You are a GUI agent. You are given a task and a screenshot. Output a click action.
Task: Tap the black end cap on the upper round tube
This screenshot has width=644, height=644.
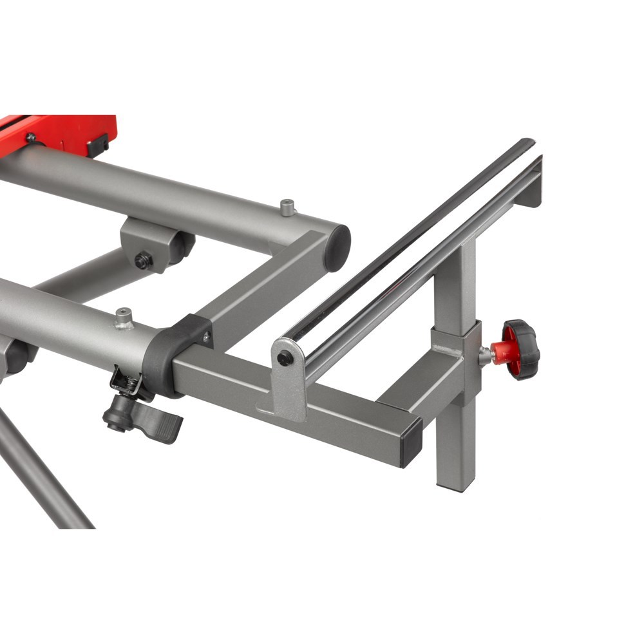point(337,247)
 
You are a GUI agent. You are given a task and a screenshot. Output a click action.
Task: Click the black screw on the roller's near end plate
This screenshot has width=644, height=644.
point(284,358)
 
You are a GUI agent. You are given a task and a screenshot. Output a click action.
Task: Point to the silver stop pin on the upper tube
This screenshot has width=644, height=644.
point(287,207)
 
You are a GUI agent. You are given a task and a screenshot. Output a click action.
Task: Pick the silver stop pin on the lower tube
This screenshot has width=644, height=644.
point(124,317)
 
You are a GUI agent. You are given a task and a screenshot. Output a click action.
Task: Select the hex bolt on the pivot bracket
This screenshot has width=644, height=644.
point(143,261)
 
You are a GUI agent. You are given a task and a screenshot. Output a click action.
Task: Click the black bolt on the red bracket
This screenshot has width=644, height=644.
point(30,137)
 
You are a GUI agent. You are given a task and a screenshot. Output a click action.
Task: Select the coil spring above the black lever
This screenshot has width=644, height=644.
point(129,383)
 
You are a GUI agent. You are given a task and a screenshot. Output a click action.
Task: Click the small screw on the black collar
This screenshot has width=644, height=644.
point(206,336)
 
